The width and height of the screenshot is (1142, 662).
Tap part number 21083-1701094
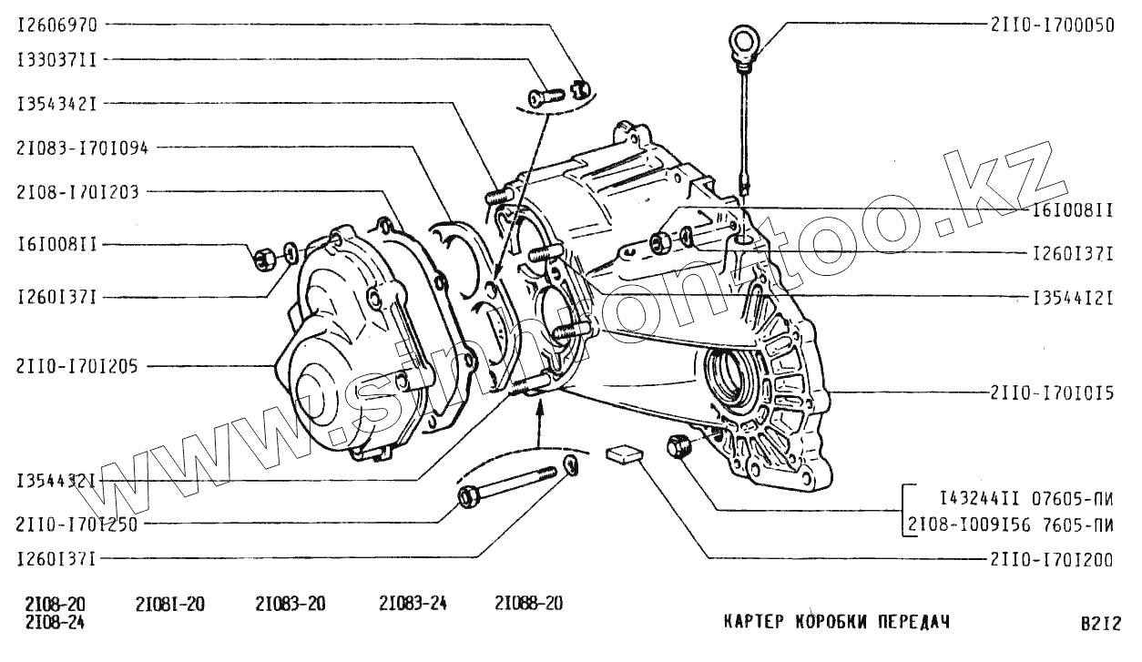(82, 147)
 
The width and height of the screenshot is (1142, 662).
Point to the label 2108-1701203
(76, 191)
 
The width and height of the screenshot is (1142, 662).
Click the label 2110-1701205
(76, 366)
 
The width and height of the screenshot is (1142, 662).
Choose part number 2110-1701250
(76, 524)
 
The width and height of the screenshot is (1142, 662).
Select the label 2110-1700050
(1052, 25)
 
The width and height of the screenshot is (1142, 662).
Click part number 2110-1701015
(1052, 393)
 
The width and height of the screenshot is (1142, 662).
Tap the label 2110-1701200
(1052, 561)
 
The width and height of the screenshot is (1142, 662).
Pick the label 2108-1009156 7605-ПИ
(1011, 524)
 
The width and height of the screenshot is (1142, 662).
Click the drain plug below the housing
(678, 447)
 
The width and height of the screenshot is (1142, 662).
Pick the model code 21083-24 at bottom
(413, 604)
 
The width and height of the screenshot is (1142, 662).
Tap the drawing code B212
(1101, 624)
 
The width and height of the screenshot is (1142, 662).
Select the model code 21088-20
(529, 604)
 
